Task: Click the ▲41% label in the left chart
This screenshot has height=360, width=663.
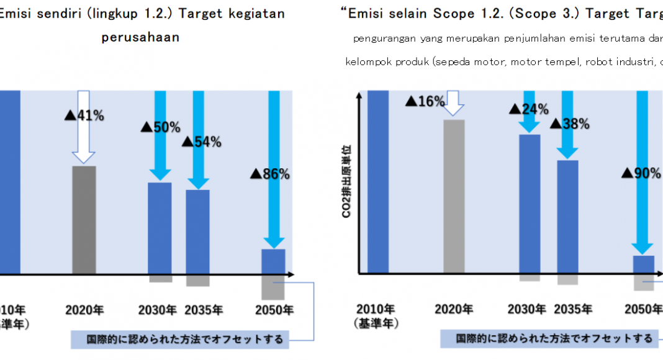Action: pos(84,115)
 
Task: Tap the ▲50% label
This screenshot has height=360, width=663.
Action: pos(160,127)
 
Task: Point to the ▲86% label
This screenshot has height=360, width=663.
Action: pos(270,174)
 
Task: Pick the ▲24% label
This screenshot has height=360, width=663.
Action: pos(529,110)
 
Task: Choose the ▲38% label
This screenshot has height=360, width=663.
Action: pos(569,124)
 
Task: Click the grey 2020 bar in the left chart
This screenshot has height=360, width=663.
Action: pos(84,220)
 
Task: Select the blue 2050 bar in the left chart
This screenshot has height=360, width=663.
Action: pos(273,261)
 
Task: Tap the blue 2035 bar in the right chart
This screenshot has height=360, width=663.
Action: pos(567,217)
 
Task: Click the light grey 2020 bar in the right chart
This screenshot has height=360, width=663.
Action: pos(454,196)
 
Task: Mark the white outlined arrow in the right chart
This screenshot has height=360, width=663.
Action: pos(454,103)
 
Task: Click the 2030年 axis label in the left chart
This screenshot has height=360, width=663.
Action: pos(158,310)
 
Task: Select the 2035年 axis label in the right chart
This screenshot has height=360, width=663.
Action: pos(573,309)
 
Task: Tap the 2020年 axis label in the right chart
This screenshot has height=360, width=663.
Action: pos(454,309)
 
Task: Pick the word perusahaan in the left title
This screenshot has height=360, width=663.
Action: pos(140,37)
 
